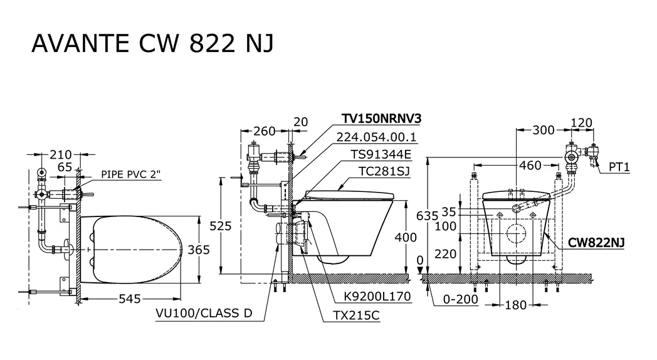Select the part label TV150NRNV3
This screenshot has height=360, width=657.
coord(381,119)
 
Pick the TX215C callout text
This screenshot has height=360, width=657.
coord(356,315)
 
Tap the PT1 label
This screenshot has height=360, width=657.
coord(619,167)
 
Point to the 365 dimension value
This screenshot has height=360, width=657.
coord(199,250)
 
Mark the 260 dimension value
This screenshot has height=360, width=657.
coord(265,131)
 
